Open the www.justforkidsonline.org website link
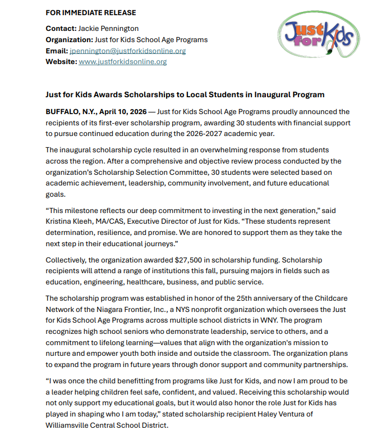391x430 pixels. tap(123, 62)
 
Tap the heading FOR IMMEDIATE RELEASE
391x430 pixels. tap(90, 12)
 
